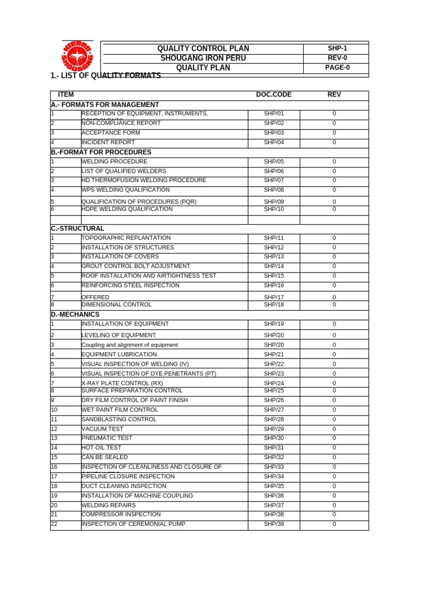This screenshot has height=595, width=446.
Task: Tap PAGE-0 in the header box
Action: (337, 67)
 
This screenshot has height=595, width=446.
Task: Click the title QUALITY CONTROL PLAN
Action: (203, 49)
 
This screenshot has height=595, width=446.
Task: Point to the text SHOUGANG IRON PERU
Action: (203, 58)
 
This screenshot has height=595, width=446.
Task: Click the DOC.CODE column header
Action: (274, 95)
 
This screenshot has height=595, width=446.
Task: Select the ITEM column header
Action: (66, 95)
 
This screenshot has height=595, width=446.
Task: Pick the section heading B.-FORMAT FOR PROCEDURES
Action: (101, 152)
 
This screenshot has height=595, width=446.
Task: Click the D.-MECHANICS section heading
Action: (75, 314)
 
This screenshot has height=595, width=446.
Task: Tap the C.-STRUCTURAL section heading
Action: (78, 229)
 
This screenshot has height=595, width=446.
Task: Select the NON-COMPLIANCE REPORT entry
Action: (121, 123)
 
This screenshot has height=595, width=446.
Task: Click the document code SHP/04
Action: (274, 142)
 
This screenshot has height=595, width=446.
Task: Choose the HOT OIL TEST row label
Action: (102, 448)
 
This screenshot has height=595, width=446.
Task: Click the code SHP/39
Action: (274, 524)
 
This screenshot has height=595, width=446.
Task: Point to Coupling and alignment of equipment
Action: (130, 345)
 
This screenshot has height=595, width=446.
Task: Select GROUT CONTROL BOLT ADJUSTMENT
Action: (136, 266)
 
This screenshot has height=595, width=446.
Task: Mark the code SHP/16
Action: (274, 285)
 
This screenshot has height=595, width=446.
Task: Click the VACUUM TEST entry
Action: (102, 429)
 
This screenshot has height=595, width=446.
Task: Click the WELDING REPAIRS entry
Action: (109, 506)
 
